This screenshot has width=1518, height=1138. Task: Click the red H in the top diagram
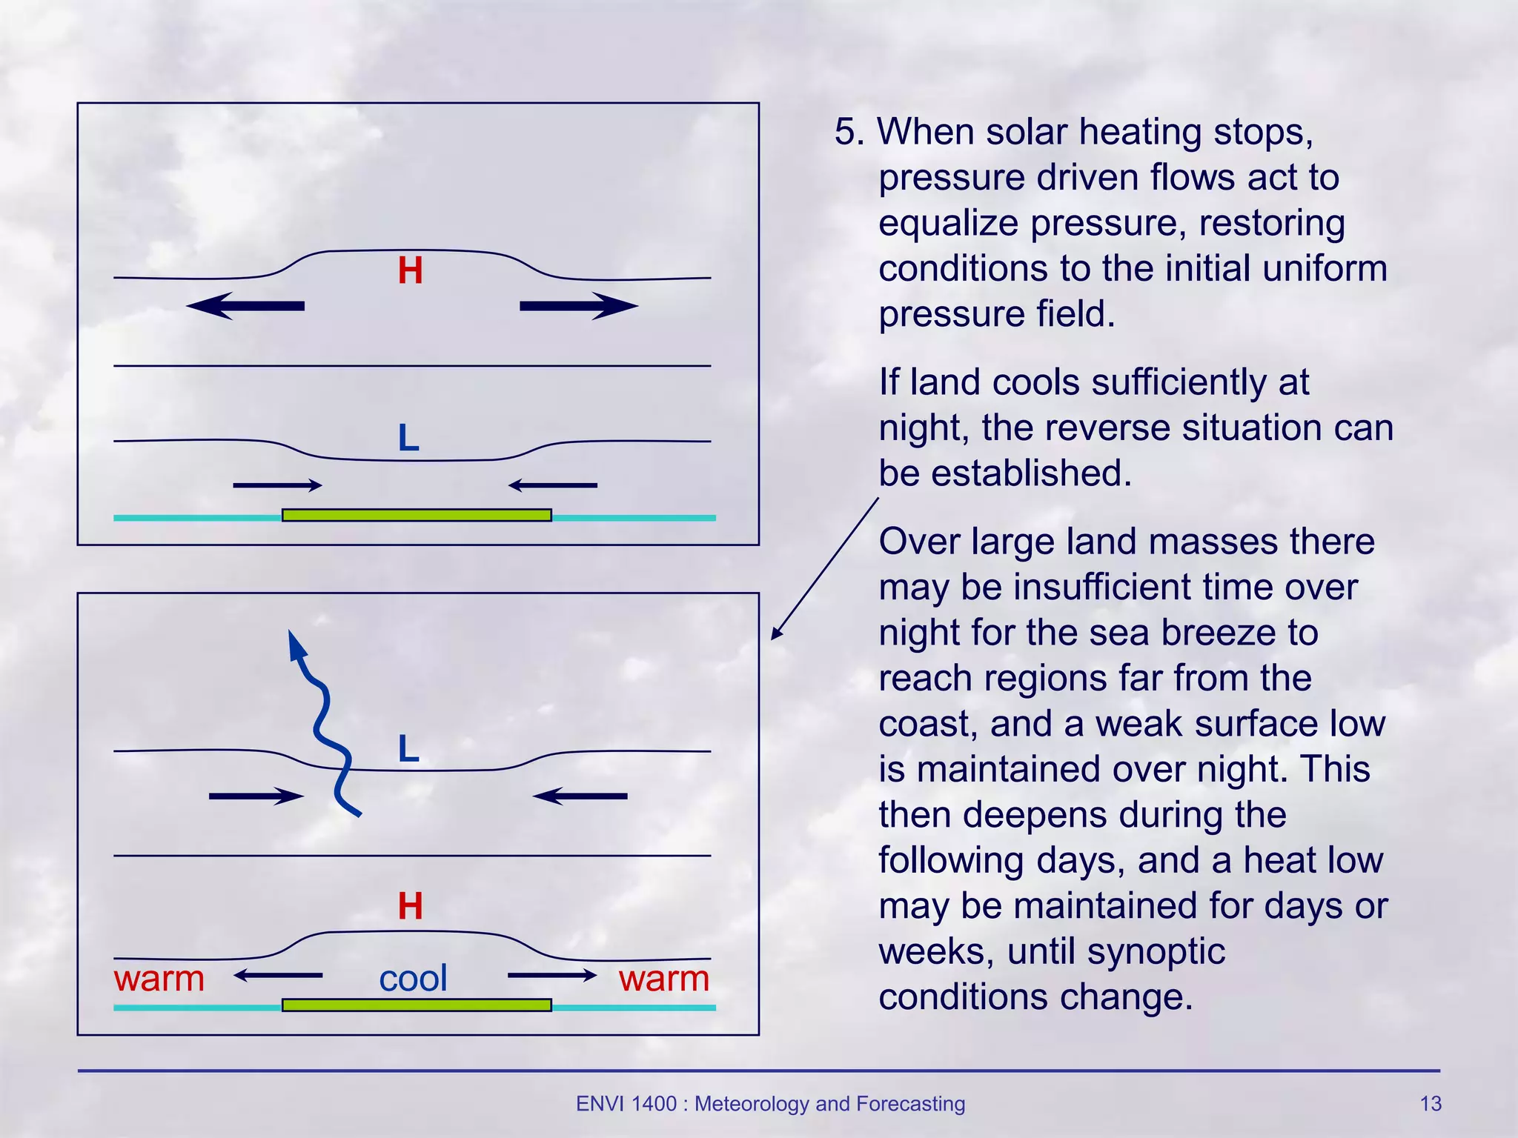[x=410, y=271]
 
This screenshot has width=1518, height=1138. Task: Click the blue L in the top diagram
[x=408, y=439]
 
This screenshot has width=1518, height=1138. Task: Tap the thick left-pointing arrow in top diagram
[x=245, y=305]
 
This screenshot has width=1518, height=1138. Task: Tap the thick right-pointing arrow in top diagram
[x=579, y=305]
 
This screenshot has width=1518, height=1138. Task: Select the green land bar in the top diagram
[x=417, y=515]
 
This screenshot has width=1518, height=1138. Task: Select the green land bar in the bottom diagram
[x=417, y=1005]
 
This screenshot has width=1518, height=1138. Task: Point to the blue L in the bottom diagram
[x=408, y=749]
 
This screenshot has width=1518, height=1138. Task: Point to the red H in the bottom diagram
[x=410, y=907]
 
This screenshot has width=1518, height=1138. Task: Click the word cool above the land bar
[x=413, y=979]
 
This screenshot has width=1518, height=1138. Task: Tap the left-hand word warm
[x=159, y=979]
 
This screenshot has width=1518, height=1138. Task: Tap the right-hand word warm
[x=664, y=979]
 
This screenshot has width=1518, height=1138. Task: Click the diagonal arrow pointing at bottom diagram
[x=824, y=569]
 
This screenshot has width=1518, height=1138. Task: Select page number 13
[x=1430, y=1104]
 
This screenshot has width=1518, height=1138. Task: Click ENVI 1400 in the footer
[x=626, y=1104]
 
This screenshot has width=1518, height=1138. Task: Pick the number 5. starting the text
[x=849, y=132]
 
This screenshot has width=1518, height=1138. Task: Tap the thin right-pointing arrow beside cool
[x=552, y=975]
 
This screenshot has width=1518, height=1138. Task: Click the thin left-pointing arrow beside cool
[x=278, y=975]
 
